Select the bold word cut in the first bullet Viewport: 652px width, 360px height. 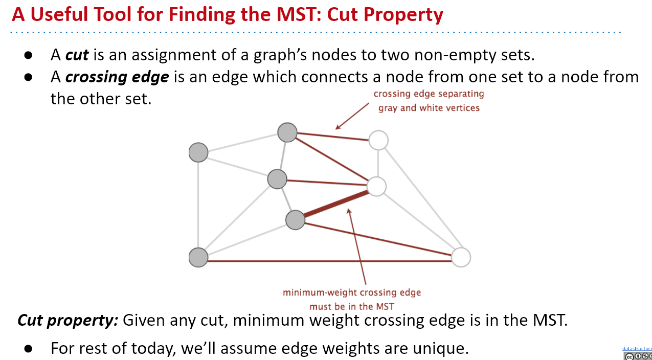coord(77,54)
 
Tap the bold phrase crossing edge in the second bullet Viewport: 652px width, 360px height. coord(117,77)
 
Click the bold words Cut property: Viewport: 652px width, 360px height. coord(68,321)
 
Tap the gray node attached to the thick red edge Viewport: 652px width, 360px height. coord(295,220)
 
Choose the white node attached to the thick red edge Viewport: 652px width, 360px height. coord(376,187)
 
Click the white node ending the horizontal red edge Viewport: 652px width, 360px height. coord(461,257)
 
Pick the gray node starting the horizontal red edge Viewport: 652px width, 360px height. coord(198,257)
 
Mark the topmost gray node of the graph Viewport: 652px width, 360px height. coord(287,132)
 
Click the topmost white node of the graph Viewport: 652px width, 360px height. coord(378,140)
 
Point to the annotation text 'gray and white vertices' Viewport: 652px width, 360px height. coord(429,108)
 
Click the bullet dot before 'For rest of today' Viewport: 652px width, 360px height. coord(29,349)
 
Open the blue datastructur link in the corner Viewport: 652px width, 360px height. coord(637,349)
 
